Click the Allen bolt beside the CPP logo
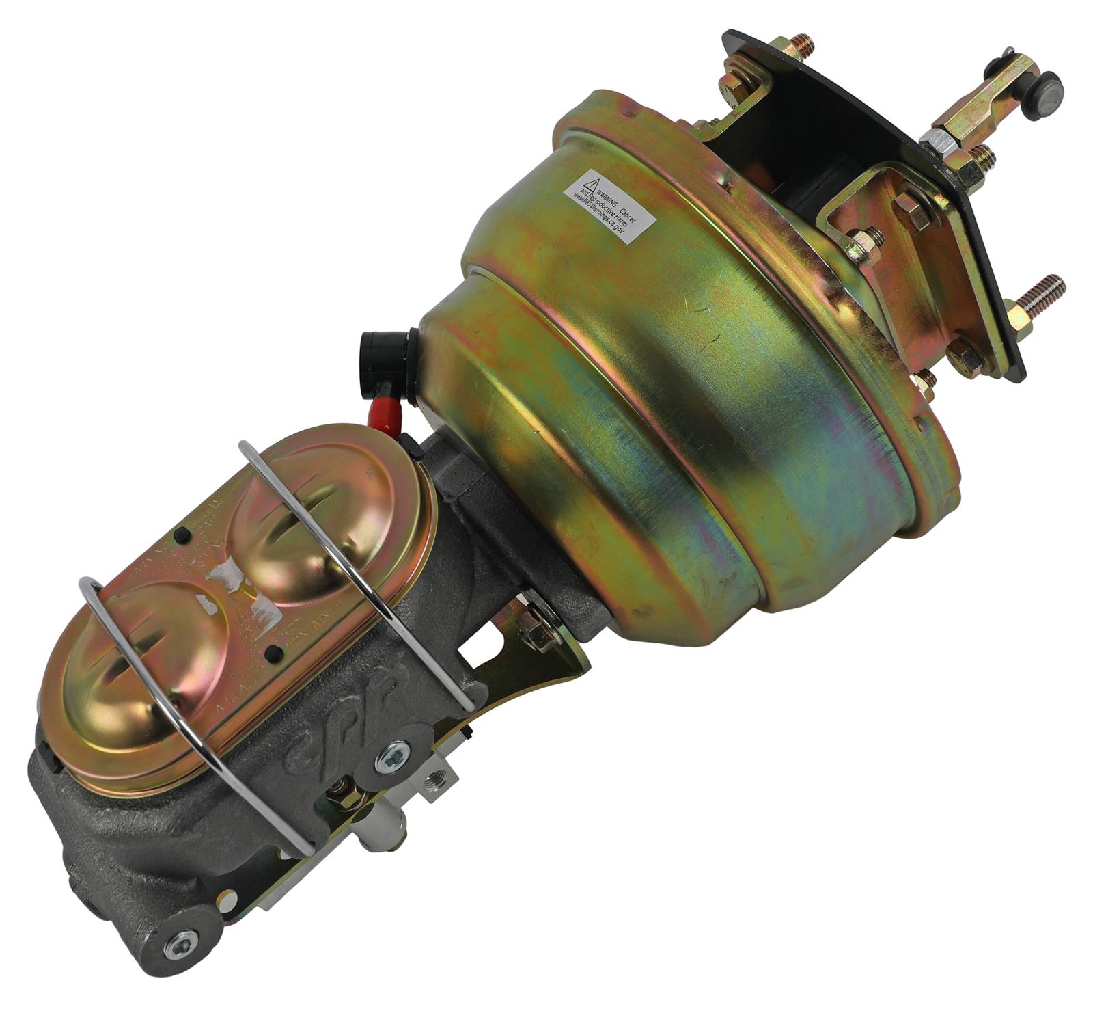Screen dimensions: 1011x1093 click(x=394, y=754)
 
